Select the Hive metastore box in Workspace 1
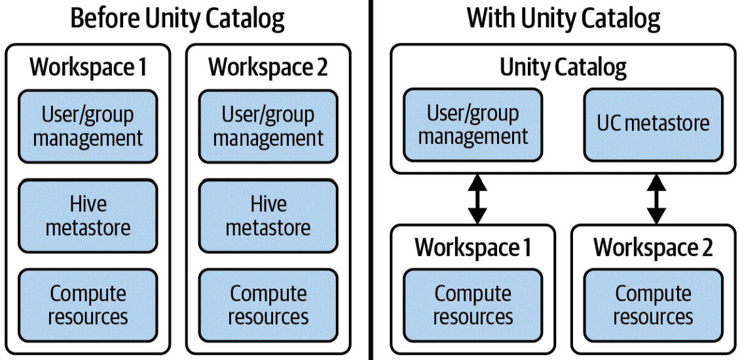click(x=88, y=216)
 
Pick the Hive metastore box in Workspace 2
click(x=268, y=216)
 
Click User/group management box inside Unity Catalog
click(x=473, y=125)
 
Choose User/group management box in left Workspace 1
click(x=88, y=126)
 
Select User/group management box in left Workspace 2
click(x=268, y=126)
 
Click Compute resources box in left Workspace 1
click(x=88, y=306)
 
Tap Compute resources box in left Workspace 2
click(x=268, y=306)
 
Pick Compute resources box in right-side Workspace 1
click(x=473, y=306)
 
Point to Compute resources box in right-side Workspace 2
click(x=653, y=306)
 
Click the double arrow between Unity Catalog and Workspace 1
click(x=477, y=199)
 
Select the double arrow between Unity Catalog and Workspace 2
click(x=656, y=199)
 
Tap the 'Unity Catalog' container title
click(x=563, y=67)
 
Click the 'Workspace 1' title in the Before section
click(x=88, y=67)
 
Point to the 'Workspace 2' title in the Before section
click(x=268, y=67)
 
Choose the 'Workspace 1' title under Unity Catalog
click(x=473, y=248)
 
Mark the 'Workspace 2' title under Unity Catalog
click(x=653, y=248)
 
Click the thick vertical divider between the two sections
click(x=371, y=180)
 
